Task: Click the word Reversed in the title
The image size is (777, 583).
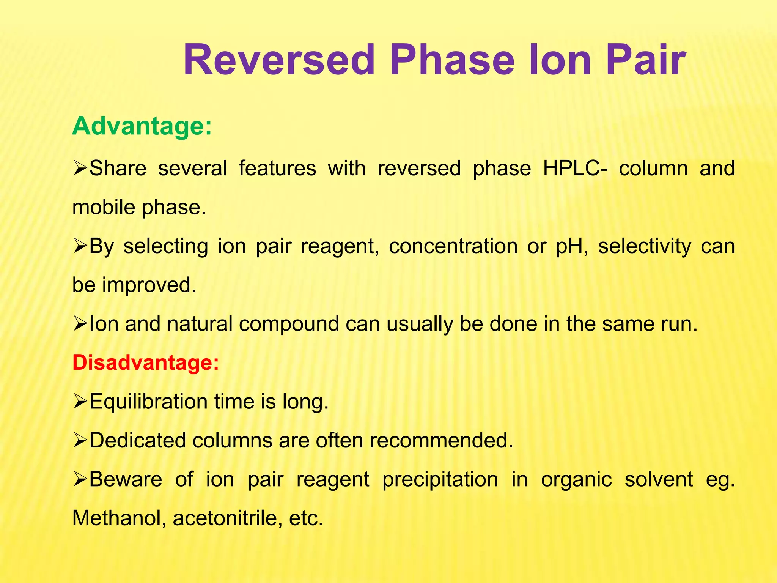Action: click(279, 60)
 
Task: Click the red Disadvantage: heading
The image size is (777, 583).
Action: click(146, 362)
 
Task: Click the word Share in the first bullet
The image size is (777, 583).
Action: click(118, 168)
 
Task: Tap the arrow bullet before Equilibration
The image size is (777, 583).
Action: click(80, 402)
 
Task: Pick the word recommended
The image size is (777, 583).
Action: click(441, 440)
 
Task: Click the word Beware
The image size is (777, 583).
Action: click(126, 479)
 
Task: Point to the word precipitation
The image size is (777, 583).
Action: click(440, 480)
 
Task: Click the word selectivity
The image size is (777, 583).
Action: click(645, 246)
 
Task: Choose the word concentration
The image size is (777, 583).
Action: click(453, 246)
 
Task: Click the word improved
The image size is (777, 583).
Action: click(149, 285)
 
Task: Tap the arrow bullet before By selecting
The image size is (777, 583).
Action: click(80, 246)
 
